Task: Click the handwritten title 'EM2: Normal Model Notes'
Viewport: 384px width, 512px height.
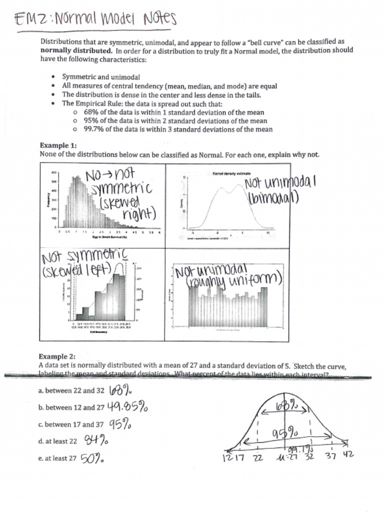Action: (x=95, y=20)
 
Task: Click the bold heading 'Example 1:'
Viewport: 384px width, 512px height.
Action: (x=58, y=145)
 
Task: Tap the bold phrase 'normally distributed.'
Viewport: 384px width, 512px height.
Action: (x=76, y=50)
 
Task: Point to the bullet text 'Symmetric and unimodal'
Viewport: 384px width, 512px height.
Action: (x=101, y=77)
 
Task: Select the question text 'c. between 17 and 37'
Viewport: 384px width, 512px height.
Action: (x=71, y=424)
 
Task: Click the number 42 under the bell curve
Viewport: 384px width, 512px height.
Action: (x=347, y=455)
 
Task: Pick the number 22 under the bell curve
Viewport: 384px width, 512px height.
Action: (x=257, y=458)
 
